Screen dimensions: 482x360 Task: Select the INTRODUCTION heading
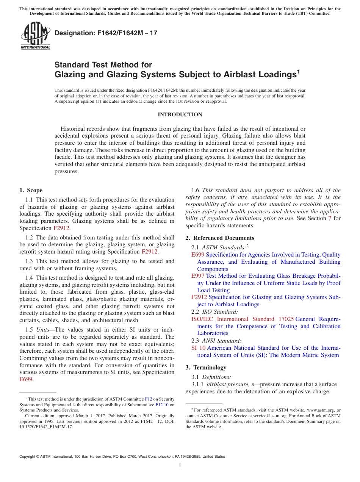coord(180,115)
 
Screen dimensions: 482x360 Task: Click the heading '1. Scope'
coord(31,190)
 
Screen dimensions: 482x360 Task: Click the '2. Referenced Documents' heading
coord(220,238)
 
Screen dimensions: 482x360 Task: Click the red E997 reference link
coord(198,276)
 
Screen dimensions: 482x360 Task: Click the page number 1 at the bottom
coord(180,466)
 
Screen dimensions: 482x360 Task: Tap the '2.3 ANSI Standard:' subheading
coord(216,341)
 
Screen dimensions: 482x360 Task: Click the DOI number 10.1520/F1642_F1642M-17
coord(46,427)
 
